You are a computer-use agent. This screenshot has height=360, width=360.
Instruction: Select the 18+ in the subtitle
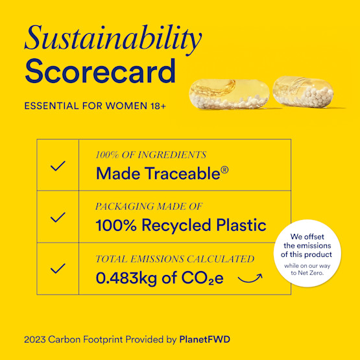click(156, 105)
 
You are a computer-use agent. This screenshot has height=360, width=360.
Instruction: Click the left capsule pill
click(227, 95)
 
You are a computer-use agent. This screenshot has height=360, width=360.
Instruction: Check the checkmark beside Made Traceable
click(58, 165)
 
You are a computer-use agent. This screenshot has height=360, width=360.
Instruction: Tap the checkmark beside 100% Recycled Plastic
click(58, 217)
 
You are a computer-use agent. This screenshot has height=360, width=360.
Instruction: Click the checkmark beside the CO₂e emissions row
click(58, 268)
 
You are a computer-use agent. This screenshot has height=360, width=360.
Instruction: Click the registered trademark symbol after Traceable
click(224, 170)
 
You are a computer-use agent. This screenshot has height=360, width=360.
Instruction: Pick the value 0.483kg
click(126, 278)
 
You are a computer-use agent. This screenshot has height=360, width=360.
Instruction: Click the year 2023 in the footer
click(36, 339)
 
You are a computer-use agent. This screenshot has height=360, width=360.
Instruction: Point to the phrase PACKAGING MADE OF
click(149, 206)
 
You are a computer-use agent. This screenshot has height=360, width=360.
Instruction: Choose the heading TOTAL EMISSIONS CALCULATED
click(175, 259)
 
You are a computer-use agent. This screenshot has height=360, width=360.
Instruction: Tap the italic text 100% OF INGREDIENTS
click(151, 155)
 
